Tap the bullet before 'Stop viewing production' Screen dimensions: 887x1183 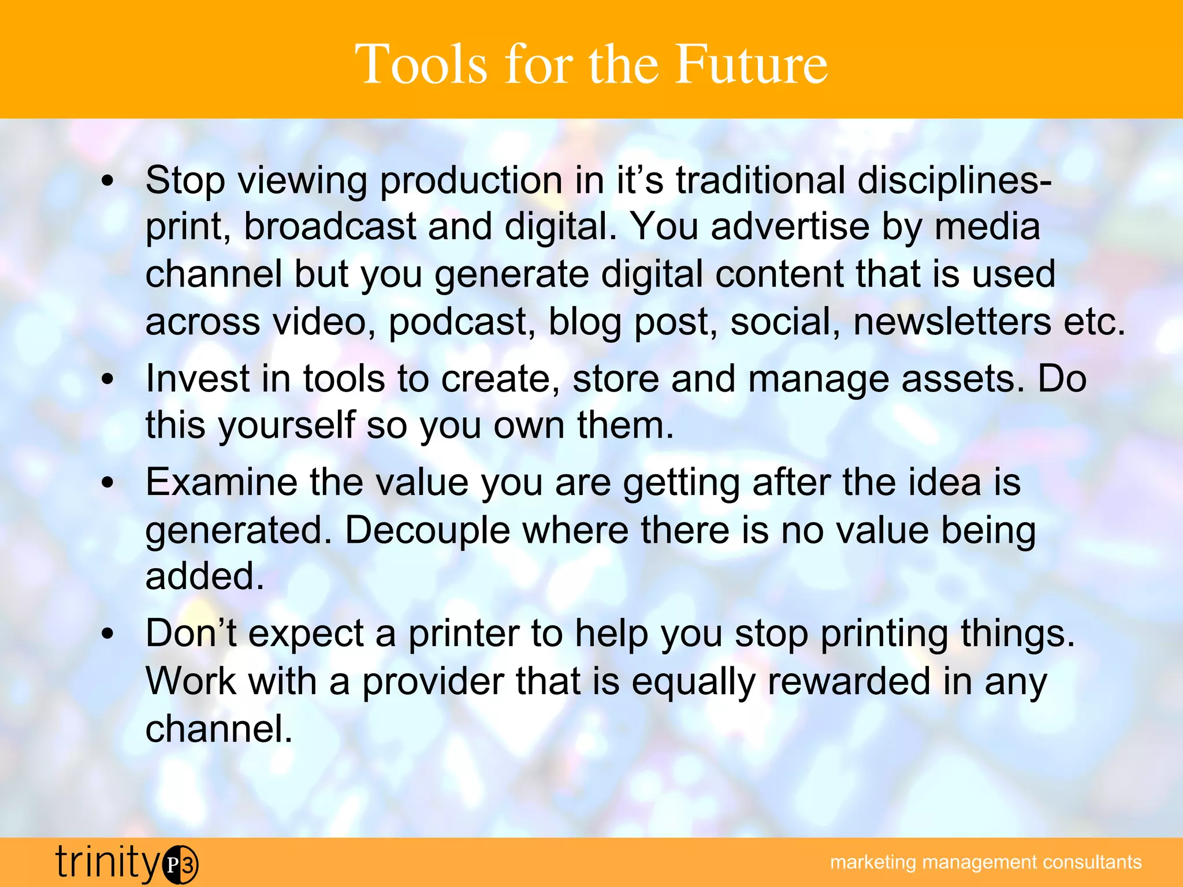tap(107, 182)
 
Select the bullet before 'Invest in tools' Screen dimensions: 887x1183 tap(107, 380)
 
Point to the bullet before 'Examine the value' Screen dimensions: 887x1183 tap(107, 483)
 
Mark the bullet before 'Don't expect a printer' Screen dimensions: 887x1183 tap(107, 635)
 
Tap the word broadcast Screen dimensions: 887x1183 tap(330, 226)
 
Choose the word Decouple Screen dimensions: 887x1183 tap(427, 531)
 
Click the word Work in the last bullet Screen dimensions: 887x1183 tap(191, 681)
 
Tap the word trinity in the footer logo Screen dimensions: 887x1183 tap(108, 863)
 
